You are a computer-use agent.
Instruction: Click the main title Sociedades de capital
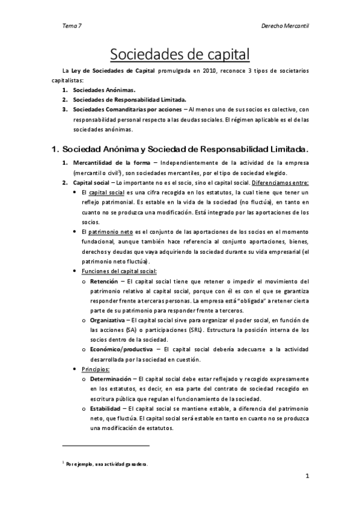pyautogui.click(x=180, y=55)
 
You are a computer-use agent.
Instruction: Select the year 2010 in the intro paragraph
pyautogui.click(x=209, y=71)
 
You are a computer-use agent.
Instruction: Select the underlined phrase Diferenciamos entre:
pyautogui.click(x=280, y=182)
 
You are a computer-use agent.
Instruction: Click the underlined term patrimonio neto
pyautogui.click(x=107, y=232)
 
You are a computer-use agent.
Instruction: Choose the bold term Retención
pyautogui.click(x=104, y=281)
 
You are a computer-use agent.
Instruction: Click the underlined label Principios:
pyautogui.click(x=95, y=369)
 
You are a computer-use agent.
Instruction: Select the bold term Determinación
pyautogui.click(x=112, y=379)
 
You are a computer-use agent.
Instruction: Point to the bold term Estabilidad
pyautogui.click(x=106, y=408)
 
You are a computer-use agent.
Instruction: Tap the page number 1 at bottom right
pyautogui.click(x=307, y=478)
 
